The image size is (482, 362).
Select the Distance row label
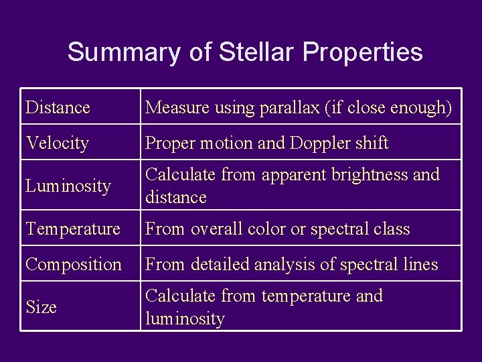(58, 107)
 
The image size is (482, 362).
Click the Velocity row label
(57, 143)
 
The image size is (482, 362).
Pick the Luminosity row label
(68, 186)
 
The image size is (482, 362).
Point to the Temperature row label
(73, 229)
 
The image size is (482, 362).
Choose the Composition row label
(74, 264)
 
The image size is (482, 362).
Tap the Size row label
(41, 307)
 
